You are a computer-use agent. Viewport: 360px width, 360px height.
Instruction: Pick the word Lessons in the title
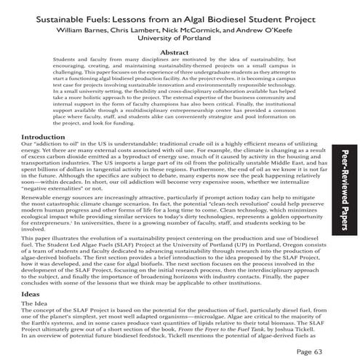[129, 15]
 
